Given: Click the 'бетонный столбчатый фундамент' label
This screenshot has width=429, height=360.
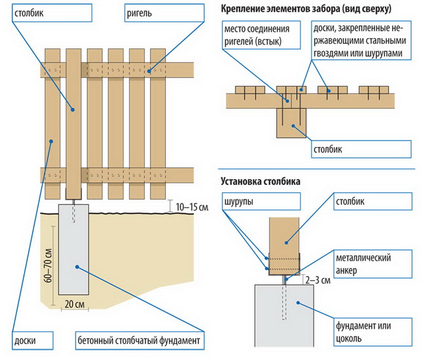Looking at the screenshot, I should coord(140,340).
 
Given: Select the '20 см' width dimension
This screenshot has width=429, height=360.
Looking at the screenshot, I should coord(76,304).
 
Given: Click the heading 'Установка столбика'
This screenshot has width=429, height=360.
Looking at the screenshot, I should coord(261,181).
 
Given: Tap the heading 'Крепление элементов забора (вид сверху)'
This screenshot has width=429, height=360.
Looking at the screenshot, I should coord(306,10).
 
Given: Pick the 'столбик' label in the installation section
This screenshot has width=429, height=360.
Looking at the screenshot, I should coord(351,202).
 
